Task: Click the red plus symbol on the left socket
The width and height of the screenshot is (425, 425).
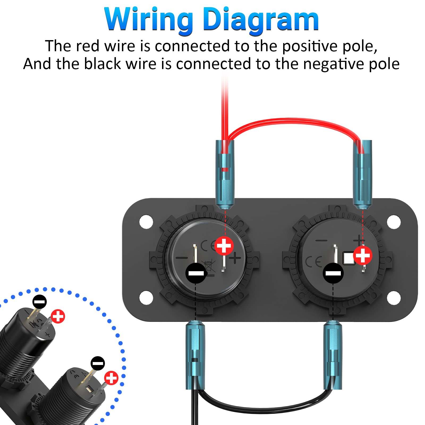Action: (224, 246)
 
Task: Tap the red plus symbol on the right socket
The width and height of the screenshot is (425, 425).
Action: (363, 255)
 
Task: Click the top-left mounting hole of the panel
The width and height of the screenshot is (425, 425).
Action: (146, 222)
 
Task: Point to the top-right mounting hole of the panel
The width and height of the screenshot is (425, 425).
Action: (394, 222)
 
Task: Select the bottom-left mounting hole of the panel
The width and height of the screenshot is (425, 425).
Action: (146, 297)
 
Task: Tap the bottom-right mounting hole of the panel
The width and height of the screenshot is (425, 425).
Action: (394, 297)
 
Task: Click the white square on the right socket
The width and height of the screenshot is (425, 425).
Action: (348, 258)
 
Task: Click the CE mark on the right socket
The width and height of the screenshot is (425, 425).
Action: (313, 262)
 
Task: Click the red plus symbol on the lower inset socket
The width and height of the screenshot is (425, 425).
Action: (111, 377)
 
